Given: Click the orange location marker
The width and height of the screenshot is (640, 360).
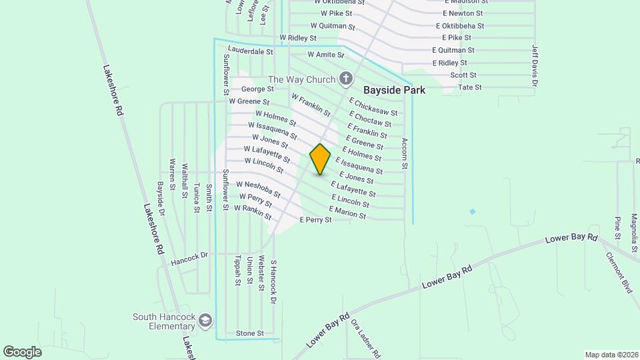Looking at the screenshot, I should click(x=320, y=159).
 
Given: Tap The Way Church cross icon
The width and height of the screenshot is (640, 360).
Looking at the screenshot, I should click(x=345, y=80).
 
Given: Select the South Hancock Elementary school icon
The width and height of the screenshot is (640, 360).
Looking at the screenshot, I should click(x=205, y=321).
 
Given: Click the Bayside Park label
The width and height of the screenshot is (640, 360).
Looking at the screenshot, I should click(x=394, y=89).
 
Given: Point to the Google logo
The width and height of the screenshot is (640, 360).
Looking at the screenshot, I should click(x=22, y=351).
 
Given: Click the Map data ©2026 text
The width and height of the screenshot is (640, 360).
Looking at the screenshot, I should click(x=611, y=355).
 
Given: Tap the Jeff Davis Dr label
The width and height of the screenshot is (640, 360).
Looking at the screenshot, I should click(x=535, y=65).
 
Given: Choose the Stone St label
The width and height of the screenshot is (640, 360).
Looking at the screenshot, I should click(x=250, y=333).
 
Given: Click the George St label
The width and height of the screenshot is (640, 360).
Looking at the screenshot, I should click(x=257, y=89).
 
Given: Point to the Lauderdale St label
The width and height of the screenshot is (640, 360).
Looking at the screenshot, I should click(x=250, y=50).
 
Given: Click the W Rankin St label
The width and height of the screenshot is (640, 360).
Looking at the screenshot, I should click(x=253, y=213).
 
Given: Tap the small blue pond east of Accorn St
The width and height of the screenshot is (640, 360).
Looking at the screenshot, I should click(x=473, y=211).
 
